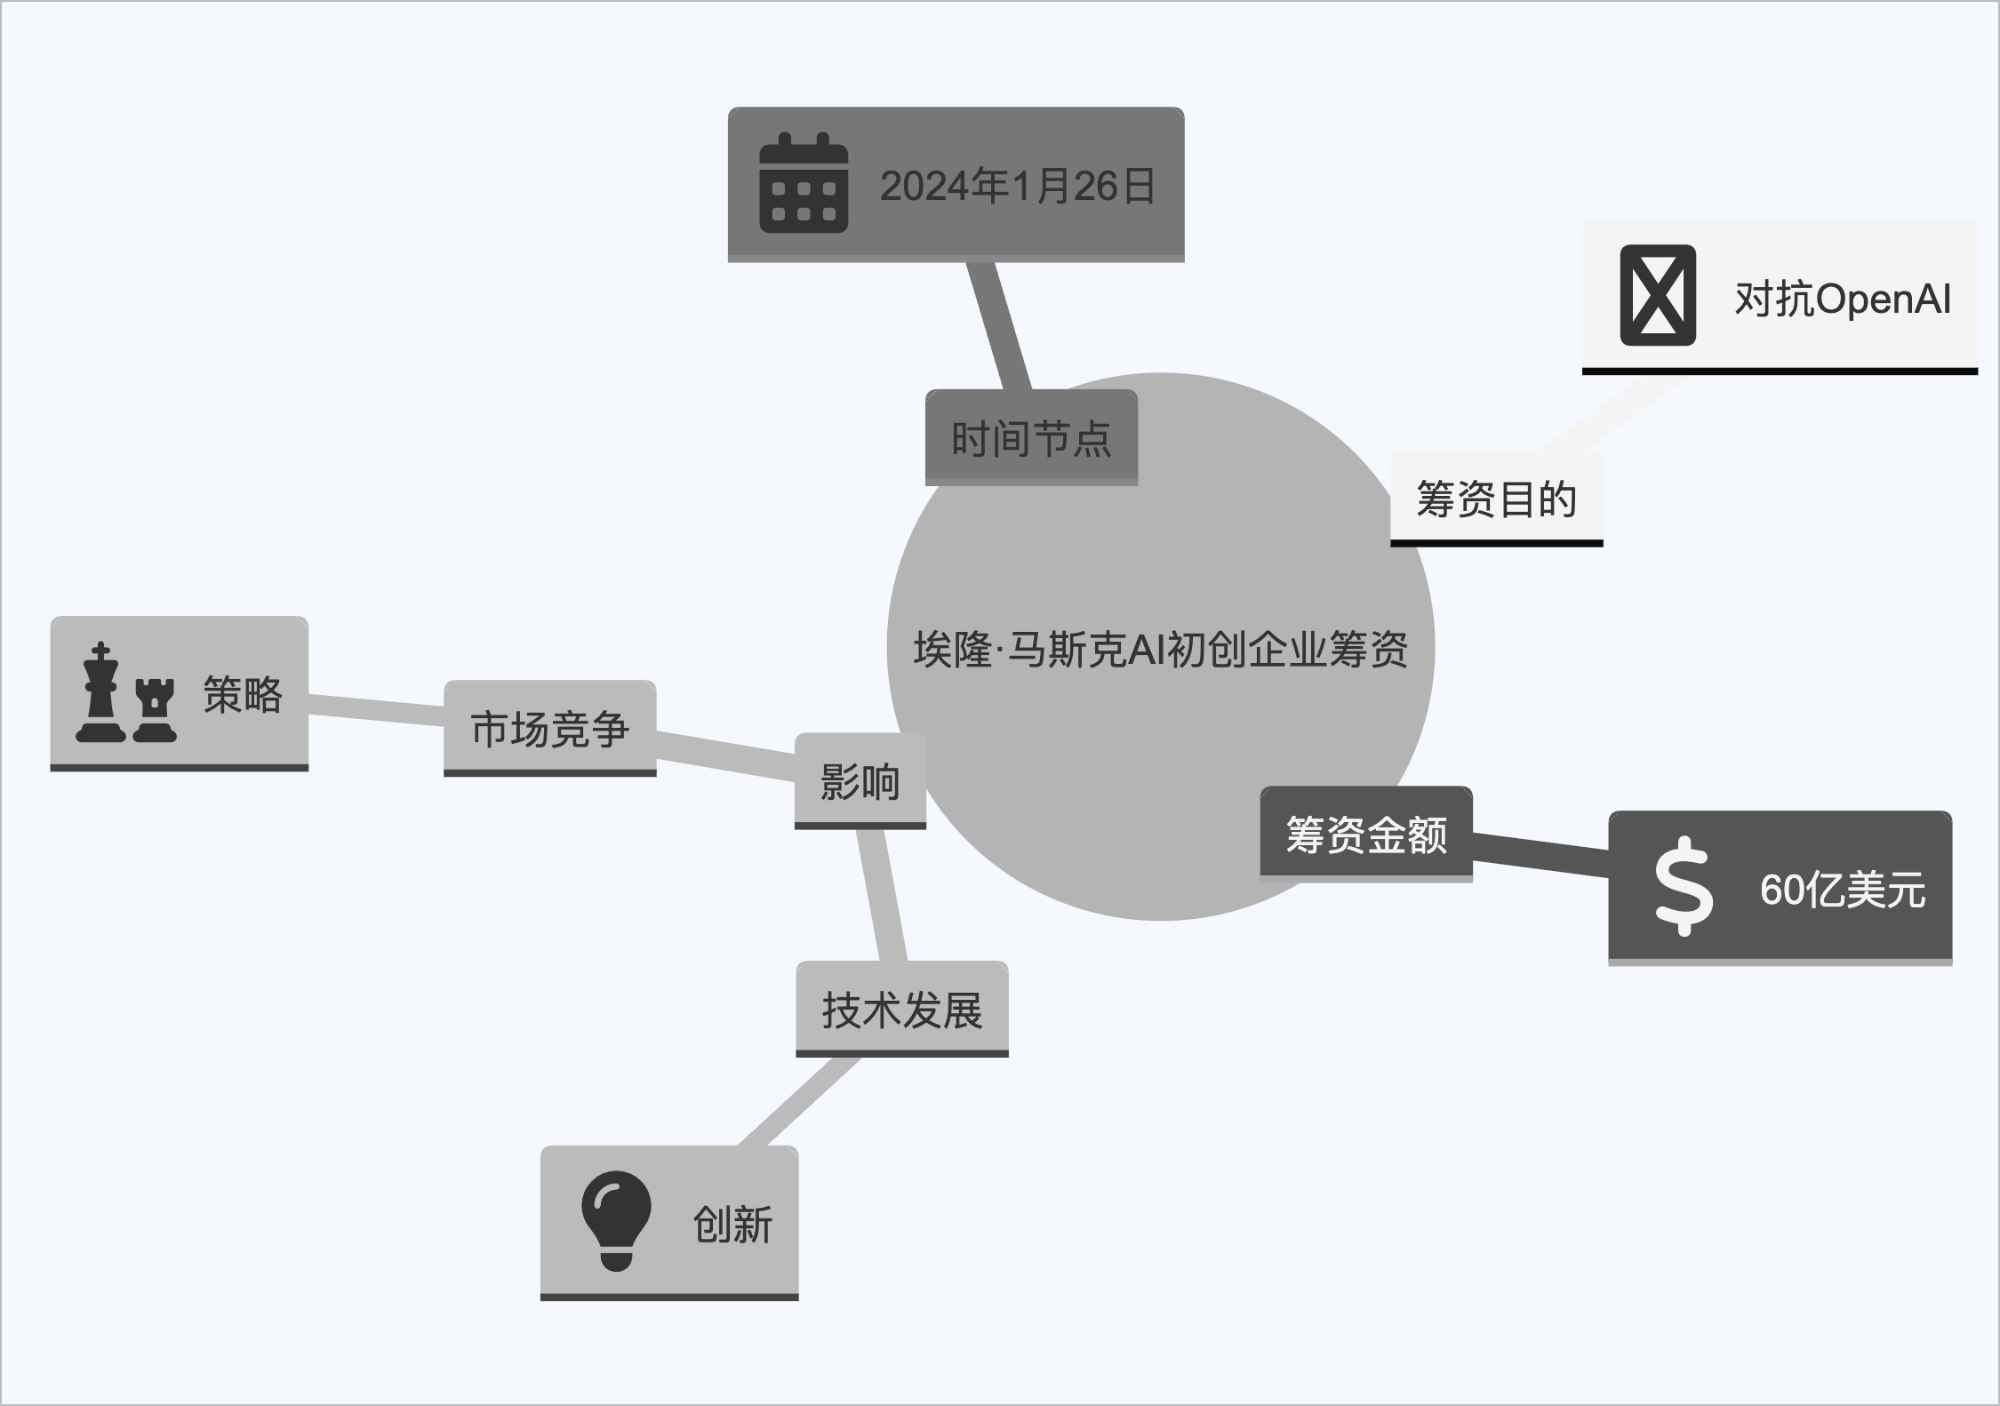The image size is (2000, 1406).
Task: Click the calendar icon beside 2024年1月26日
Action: tap(803, 183)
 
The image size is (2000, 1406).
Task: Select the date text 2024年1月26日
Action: tap(1018, 187)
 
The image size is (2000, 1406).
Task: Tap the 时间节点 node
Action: tap(1031, 438)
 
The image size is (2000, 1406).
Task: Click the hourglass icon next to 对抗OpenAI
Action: tap(1658, 296)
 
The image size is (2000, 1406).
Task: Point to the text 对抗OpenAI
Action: tap(1842, 300)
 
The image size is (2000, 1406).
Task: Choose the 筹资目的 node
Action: tap(1496, 499)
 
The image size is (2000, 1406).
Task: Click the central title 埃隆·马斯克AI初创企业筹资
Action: tap(1160, 649)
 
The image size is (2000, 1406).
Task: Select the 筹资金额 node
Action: tap(1366, 835)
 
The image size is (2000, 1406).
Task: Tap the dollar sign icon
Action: tap(1684, 886)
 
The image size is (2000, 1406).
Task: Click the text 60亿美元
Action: tap(1842, 890)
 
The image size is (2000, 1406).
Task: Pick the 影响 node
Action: tap(860, 782)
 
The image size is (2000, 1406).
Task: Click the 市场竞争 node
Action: tap(549, 729)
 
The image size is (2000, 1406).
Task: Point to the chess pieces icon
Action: tap(125, 693)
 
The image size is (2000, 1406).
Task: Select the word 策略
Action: tap(243, 695)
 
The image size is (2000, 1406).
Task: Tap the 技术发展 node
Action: tap(901, 1011)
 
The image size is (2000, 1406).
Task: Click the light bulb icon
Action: tap(616, 1221)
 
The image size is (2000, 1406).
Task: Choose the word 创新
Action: tap(732, 1225)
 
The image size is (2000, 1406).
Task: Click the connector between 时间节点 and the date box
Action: tap(998, 325)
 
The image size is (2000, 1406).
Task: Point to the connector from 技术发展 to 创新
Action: tap(800, 1101)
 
